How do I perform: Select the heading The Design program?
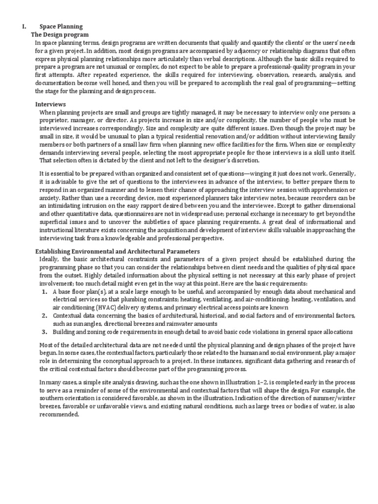click(x=60, y=35)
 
